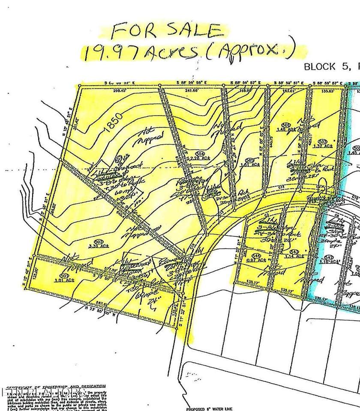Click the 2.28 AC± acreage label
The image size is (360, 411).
201,158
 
